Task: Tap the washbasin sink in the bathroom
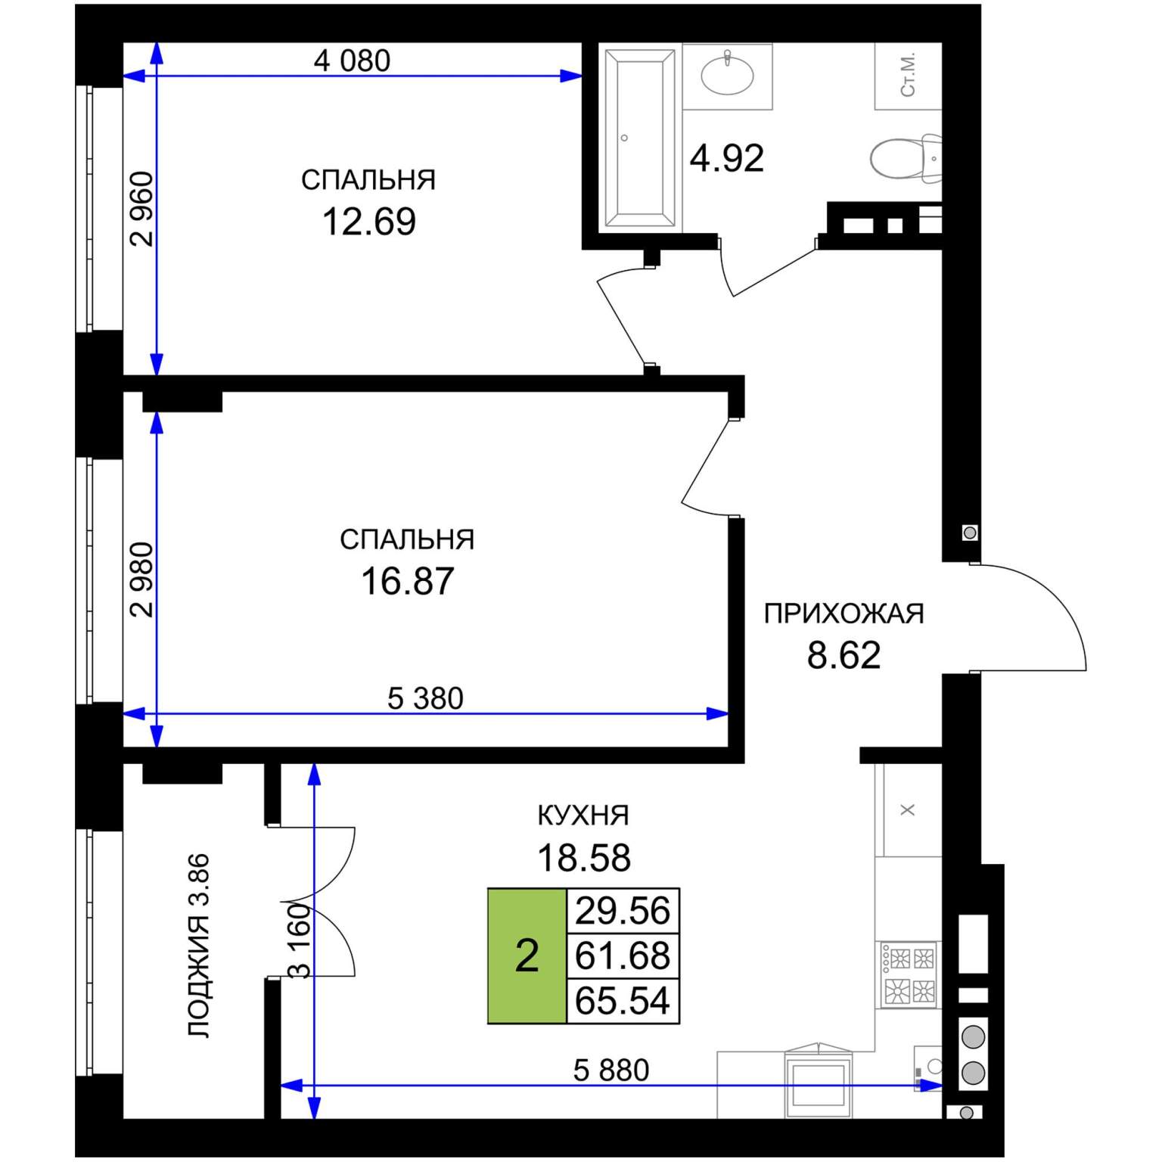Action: (727, 74)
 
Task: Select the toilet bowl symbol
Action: (906, 158)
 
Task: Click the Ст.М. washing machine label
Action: (909, 74)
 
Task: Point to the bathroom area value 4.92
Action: (726, 158)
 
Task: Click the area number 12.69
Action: (369, 221)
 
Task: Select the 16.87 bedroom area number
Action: (407, 581)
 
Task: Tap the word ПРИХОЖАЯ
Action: (844, 614)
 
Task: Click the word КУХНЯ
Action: (583, 816)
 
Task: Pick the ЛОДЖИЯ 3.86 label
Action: (198, 946)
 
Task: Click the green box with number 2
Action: (527, 955)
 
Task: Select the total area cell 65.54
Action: (623, 1001)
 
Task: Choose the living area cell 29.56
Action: (623, 910)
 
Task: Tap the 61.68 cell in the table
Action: (623, 955)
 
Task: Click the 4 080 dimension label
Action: (352, 61)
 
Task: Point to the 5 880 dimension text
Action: (611, 1070)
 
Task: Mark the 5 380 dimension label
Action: (425, 698)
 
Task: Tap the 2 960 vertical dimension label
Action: (141, 209)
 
